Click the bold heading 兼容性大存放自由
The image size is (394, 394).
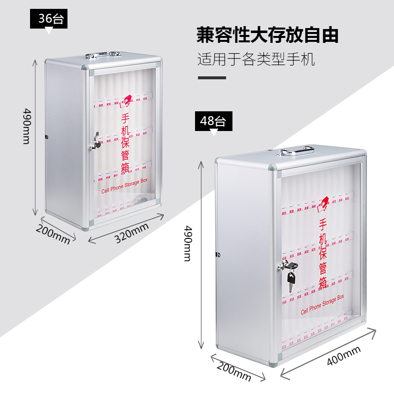click(267, 35)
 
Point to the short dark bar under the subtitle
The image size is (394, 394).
click(212, 78)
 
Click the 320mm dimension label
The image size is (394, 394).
click(131, 232)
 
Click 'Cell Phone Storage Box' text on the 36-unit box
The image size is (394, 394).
click(124, 185)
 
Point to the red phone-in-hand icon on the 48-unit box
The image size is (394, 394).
click(323, 203)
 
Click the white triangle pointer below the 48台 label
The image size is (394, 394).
click(214, 132)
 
